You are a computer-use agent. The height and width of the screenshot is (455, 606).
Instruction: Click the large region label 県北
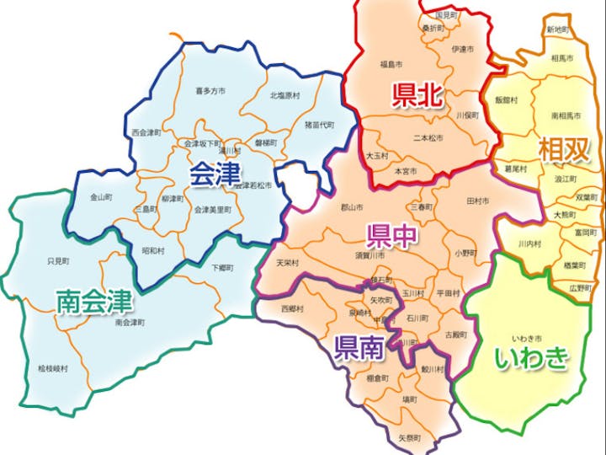[417, 95]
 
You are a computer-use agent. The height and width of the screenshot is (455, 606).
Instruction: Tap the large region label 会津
[214, 174]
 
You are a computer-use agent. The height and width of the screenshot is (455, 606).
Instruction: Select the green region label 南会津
[95, 301]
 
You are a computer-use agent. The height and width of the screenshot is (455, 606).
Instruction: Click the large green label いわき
[531, 358]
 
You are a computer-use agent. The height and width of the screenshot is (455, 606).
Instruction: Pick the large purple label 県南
[359, 345]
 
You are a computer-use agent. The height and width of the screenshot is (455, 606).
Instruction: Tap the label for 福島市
[391, 64]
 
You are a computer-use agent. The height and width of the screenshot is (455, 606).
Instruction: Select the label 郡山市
[352, 207]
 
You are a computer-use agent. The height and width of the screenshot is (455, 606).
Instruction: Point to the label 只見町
[57, 262]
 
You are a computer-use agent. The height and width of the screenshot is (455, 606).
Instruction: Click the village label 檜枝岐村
[54, 369]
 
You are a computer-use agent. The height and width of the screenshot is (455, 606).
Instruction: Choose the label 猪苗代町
[319, 125]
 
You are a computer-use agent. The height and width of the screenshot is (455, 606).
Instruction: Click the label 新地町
[557, 29]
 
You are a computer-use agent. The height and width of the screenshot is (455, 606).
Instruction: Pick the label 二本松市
[428, 137]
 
